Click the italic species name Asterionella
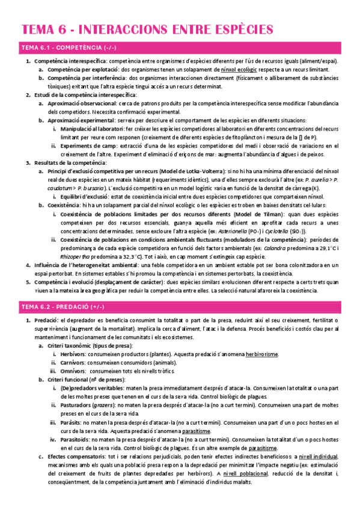(x=222, y=230)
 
